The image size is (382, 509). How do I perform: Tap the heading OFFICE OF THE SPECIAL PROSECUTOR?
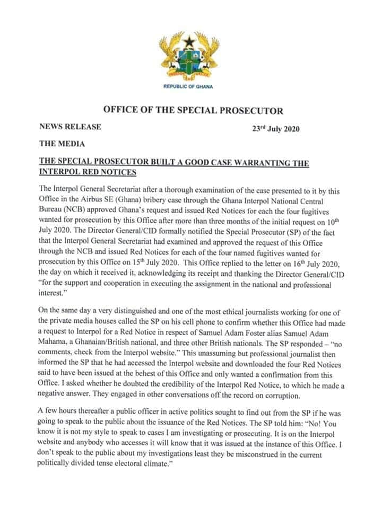pyautogui.click(x=193, y=111)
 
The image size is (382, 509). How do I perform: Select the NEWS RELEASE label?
pyautogui.click(x=70, y=127)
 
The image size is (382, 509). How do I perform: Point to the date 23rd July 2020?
pyautogui.click(x=276, y=129)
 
